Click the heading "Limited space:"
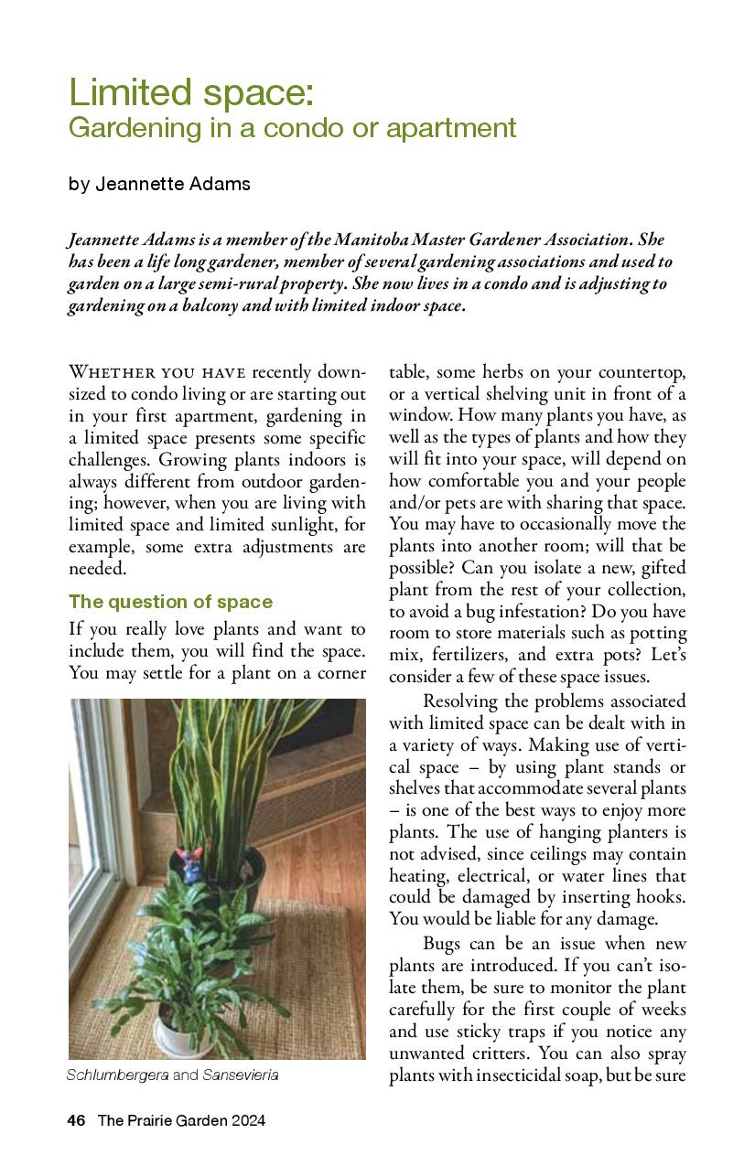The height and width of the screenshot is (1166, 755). tap(190, 93)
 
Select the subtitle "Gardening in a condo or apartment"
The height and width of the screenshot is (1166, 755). tap(292, 128)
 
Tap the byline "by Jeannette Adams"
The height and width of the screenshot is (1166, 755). tap(159, 184)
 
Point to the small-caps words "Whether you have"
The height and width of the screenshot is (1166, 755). tap(156, 372)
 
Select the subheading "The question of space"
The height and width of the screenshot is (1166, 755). tap(170, 602)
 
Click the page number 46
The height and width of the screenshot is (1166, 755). tap(76, 1120)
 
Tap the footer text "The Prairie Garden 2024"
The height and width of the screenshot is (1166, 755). tap(181, 1120)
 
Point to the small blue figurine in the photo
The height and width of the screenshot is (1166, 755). tap(192, 863)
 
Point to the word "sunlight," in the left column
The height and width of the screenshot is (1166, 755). tap(311, 525)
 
